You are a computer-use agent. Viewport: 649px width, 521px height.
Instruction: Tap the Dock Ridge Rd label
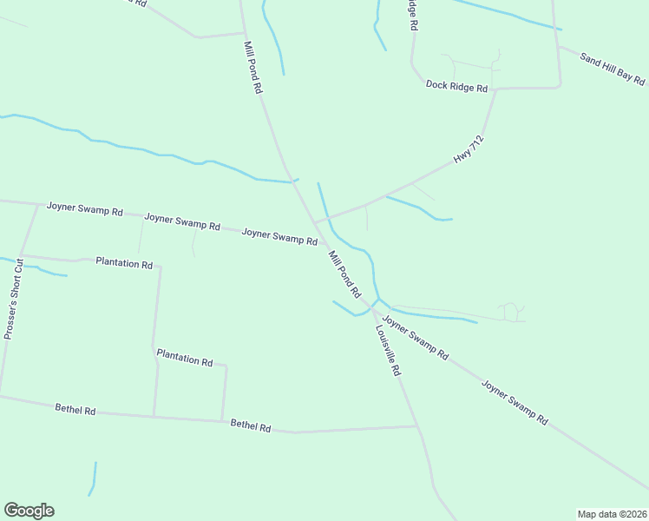pyautogui.click(x=457, y=86)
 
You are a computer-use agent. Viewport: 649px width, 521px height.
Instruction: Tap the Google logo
pyautogui.click(x=29, y=511)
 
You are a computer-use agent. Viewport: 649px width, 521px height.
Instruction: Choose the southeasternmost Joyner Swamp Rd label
pyautogui.click(x=515, y=402)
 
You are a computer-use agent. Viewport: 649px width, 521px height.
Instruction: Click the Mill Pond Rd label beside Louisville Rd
pyautogui.click(x=344, y=274)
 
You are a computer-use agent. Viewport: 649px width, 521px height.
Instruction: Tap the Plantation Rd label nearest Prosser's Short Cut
pyautogui.click(x=124, y=262)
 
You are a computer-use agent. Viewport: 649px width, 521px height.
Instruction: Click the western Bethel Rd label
pyautogui.click(x=75, y=408)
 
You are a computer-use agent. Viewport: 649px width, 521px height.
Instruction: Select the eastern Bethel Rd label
pyautogui.click(x=251, y=426)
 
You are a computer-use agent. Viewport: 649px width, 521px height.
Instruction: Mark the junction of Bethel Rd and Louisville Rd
pyautogui.click(x=417, y=426)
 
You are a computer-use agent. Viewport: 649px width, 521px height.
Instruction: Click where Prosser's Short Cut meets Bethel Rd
pyautogui.click(x=1, y=396)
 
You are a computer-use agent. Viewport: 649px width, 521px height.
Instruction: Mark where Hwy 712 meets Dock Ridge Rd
pyautogui.click(x=496, y=89)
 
